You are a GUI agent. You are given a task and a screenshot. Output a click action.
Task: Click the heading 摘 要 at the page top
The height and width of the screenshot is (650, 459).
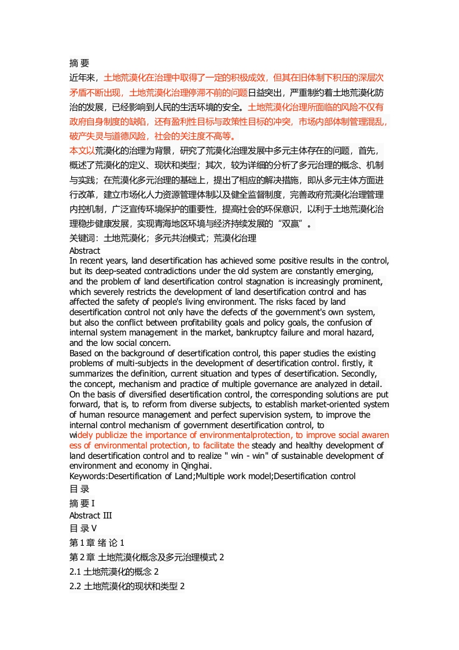(79, 64)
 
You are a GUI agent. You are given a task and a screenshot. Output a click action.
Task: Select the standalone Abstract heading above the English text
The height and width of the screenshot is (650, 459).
(85, 251)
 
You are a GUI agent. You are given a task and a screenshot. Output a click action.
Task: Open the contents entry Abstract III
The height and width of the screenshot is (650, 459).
(90, 516)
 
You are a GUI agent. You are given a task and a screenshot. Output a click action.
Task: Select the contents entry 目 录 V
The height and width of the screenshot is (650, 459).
(83, 528)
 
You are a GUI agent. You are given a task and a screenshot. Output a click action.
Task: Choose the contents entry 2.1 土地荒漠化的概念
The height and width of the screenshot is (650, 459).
(113, 572)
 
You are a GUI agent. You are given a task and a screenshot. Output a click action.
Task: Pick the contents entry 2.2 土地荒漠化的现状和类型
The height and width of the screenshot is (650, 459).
(127, 586)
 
